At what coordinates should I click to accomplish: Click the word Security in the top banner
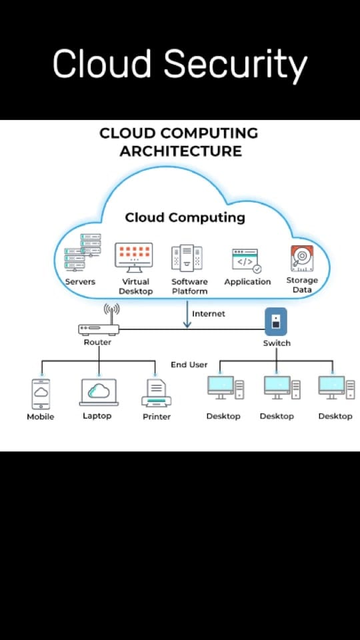pyautogui.click(x=235, y=65)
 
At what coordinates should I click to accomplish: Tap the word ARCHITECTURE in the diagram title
pyautogui.click(x=181, y=151)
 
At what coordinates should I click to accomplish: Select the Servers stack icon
pyautogui.click(x=83, y=252)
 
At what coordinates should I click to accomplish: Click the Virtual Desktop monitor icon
pyautogui.click(x=133, y=257)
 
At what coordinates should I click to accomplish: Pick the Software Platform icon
pyautogui.click(x=187, y=258)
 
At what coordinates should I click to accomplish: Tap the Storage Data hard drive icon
pyautogui.click(x=302, y=259)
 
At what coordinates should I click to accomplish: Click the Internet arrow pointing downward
pyautogui.click(x=187, y=314)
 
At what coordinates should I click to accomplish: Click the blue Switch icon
pyautogui.click(x=276, y=321)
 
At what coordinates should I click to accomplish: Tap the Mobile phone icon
pyautogui.click(x=41, y=394)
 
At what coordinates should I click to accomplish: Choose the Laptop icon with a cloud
pyautogui.click(x=99, y=392)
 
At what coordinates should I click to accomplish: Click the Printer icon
pyautogui.click(x=156, y=393)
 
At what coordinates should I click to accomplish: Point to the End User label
pyautogui.click(x=189, y=365)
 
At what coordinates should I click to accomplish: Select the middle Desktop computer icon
pyautogui.click(x=282, y=387)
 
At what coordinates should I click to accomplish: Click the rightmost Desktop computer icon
pyautogui.click(x=337, y=387)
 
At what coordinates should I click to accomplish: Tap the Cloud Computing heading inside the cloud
pyautogui.click(x=185, y=217)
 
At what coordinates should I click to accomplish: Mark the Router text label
pyautogui.click(x=97, y=342)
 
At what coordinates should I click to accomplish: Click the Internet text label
pyautogui.click(x=209, y=313)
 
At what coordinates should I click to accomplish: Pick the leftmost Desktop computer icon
pyautogui.click(x=226, y=387)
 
